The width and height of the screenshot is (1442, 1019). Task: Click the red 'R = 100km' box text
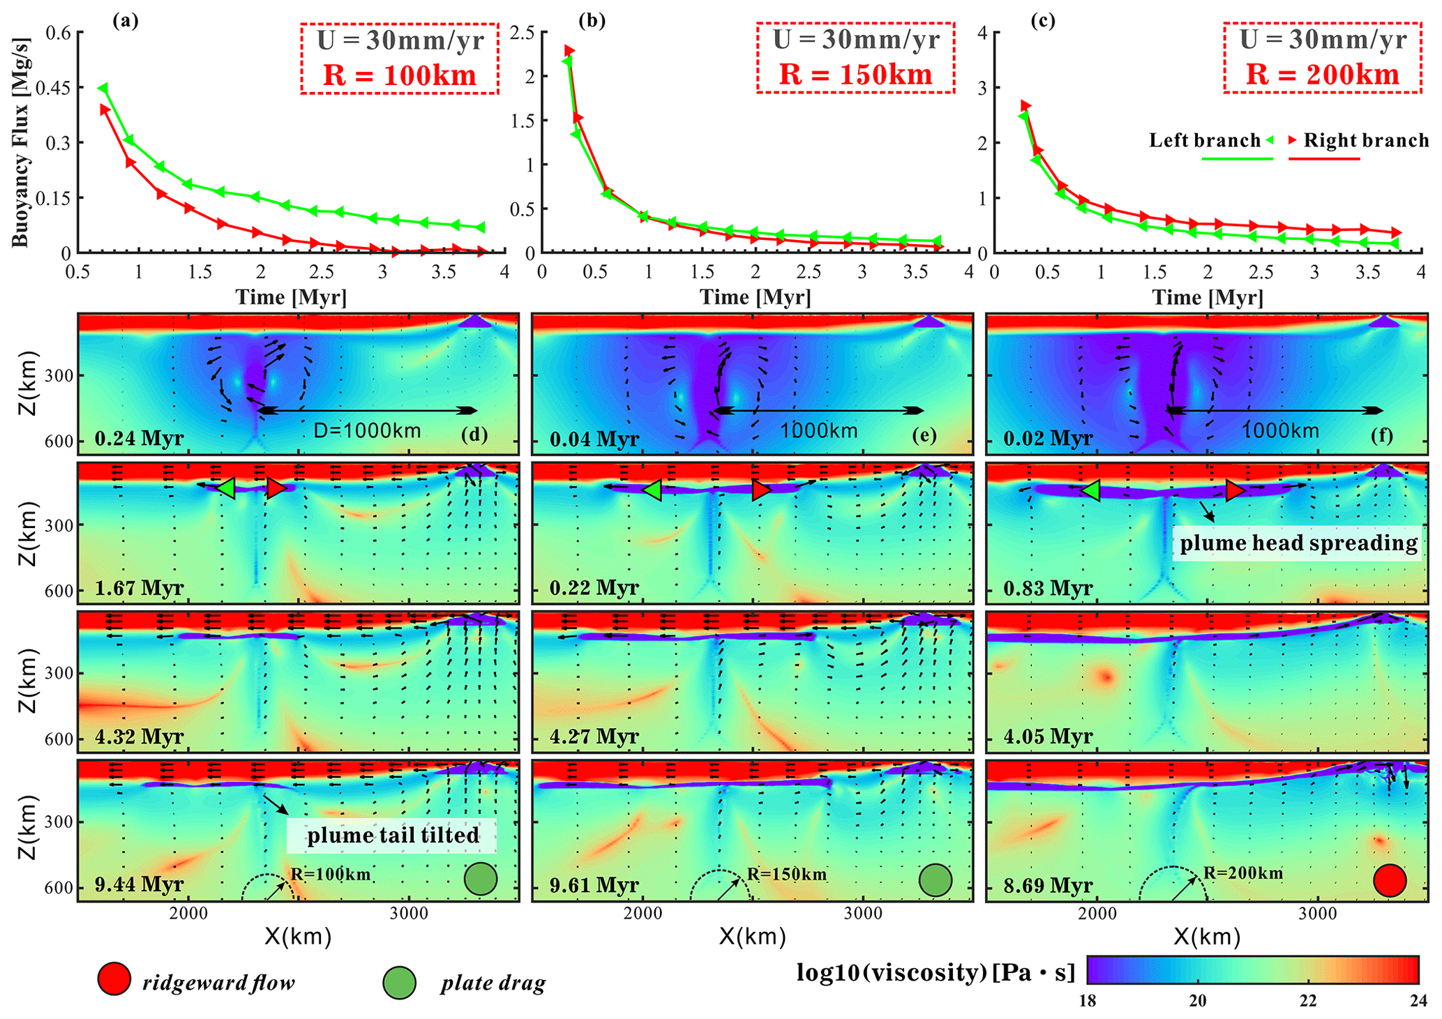point(399,75)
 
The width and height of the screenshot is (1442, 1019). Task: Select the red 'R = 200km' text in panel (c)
point(1323,75)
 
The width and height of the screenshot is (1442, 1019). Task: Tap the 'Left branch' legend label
point(1205,141)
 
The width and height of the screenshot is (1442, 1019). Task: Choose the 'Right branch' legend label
point(1366,141)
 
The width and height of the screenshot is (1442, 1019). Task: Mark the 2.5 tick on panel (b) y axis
point(523,33)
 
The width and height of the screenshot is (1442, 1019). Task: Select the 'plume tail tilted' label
point(393,835)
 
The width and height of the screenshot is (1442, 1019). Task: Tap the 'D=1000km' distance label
point(367,430)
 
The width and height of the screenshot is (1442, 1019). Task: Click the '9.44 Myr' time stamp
point(140,884)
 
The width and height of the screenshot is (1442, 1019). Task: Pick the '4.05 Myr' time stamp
point(1048,736)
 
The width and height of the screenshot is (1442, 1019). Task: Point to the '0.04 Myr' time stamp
point(594,439)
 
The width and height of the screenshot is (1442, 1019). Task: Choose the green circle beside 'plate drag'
point(399,983)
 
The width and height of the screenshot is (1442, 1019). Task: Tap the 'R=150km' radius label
point(786,875)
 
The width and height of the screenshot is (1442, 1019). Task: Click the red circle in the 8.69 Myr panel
point(1389,880)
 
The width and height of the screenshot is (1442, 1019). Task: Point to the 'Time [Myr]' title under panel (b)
point(755,298)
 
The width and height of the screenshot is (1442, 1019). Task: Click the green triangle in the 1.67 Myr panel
point(226,488)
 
